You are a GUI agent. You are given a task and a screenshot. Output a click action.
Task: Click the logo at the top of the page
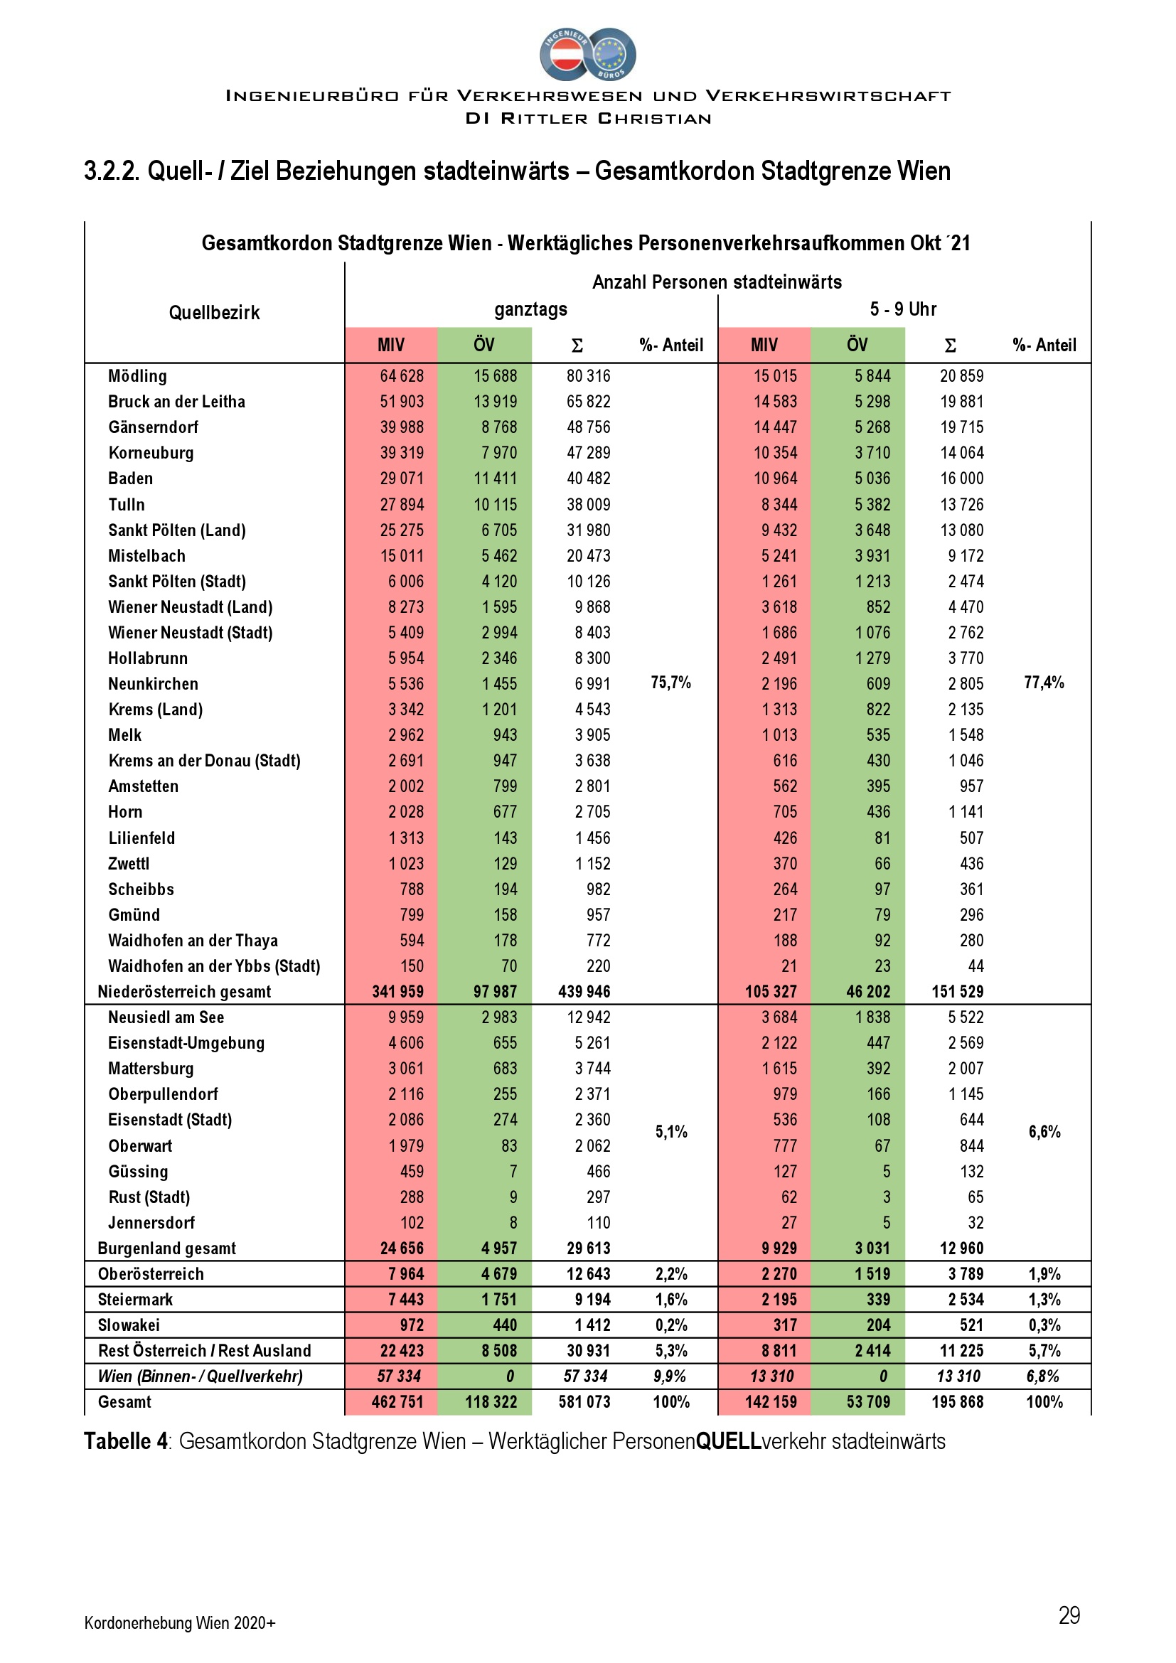(587, 54)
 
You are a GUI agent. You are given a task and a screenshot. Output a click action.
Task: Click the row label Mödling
(138, 376)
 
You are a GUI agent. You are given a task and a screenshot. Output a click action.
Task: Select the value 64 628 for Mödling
(402, 376)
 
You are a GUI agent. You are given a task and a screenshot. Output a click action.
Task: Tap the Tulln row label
(127, 505)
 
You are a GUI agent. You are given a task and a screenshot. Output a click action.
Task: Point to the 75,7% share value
(670, 683)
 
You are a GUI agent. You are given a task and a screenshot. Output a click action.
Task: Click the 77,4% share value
(1044, 683)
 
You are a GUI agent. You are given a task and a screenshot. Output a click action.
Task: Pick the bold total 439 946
(584, 992)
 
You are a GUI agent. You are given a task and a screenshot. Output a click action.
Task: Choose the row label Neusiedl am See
(166, 1017)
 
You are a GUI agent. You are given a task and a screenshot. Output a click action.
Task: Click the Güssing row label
(139, 1171)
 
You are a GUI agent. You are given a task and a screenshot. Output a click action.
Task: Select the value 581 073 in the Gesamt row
(584, 1401)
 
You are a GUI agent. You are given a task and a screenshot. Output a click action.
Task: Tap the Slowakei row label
(129, 1325)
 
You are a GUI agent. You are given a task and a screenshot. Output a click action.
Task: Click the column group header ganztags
(531, 309)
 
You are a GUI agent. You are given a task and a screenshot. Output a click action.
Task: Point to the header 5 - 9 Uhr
(903, 309)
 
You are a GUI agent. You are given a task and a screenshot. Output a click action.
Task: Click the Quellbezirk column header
(214, 313)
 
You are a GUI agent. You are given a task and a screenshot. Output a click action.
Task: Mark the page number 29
(1069, 1615)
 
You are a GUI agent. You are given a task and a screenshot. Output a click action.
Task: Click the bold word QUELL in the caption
(729, 1440)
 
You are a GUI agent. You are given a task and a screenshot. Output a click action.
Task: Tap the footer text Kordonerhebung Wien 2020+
(180, 1622)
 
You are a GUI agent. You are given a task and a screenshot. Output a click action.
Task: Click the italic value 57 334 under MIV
(397, 1376)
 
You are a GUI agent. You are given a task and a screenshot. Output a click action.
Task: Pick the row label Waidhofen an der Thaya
(193, 941)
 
